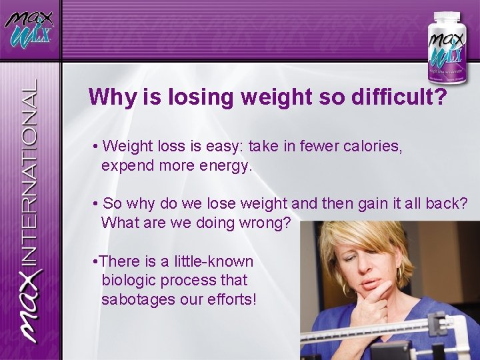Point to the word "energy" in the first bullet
click(225, 165)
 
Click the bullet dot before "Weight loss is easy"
click(97, 147)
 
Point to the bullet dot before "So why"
click(97, 203)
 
